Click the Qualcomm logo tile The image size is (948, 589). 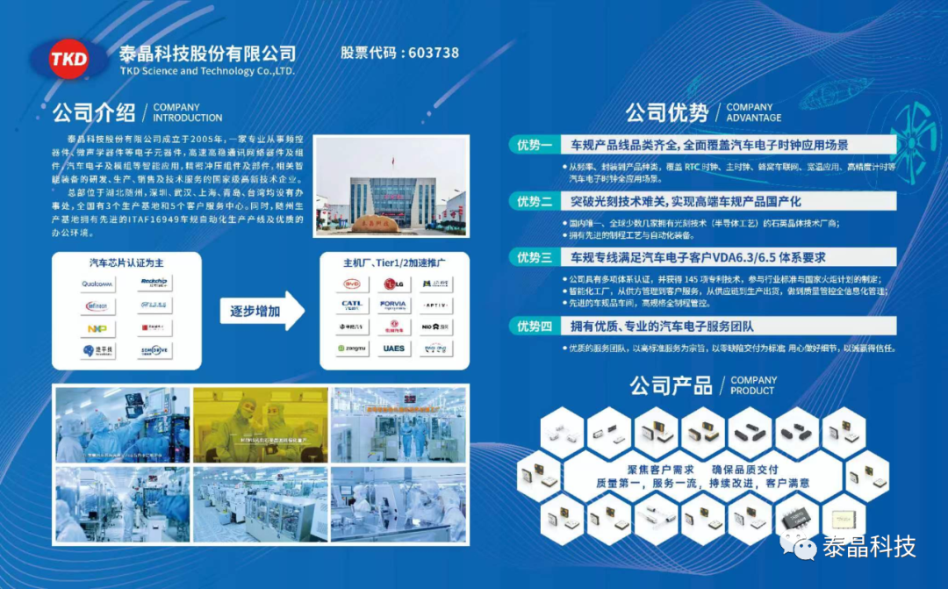[98, 284]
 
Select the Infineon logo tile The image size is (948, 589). [98, 306]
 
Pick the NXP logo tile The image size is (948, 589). [98, 329]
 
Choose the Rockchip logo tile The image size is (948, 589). [153, 283]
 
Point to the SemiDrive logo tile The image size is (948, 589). [153, 350]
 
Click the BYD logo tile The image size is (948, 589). [351, 284]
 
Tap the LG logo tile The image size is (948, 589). [392, 284]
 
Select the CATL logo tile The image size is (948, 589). [351, 305]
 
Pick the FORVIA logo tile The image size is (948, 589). [392, 305]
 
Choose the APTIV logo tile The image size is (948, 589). [435, 305]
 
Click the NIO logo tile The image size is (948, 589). [435, 327]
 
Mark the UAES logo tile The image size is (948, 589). [392, 348]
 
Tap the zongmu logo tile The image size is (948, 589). [351, 348]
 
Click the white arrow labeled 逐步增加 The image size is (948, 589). [262, 312]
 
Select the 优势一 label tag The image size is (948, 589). [535, 145]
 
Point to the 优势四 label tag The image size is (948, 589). [535, 327]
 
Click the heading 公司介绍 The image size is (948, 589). [94, 112]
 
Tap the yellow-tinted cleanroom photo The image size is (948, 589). [261, 425]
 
